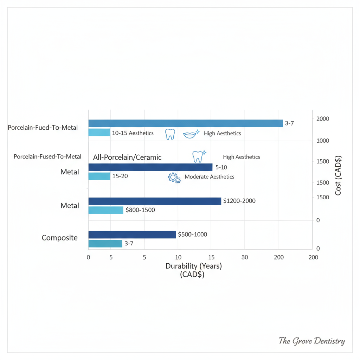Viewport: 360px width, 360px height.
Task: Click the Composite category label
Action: (59, 238)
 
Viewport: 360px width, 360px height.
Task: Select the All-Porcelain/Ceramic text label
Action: (127, 157)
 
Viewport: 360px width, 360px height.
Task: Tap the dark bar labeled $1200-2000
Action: (155, 201)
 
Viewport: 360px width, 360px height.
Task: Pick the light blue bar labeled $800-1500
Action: (105, 210)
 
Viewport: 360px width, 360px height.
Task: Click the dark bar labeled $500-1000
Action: (132, 234)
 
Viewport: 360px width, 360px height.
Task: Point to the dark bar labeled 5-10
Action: (150, 167)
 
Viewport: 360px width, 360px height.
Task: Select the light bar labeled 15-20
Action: (99, 176)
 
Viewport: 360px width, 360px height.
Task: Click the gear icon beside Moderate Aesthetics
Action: (174, 178)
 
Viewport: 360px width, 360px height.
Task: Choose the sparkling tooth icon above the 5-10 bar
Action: (199, 156)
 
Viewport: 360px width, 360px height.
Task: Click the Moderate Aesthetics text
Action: (209, 177)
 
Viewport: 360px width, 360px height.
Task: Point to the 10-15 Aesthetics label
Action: (133, 133)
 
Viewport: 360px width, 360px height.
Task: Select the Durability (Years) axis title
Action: (193, 266)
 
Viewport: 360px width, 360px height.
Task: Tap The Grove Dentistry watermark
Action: (311, 341)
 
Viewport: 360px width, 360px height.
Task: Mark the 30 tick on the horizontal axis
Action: (245, 257)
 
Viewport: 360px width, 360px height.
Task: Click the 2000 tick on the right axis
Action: (322, 119)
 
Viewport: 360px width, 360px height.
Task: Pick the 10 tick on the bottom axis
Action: (178, 257)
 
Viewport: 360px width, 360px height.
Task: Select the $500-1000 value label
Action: (192, 234)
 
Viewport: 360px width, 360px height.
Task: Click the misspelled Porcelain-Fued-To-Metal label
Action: (43, 128)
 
